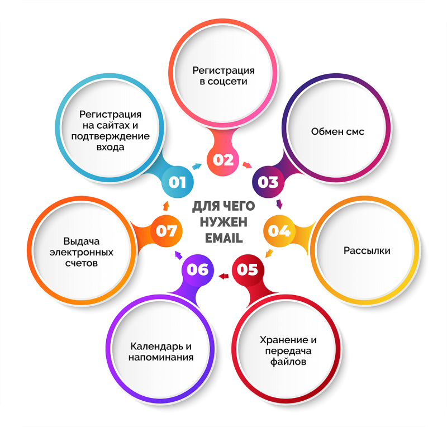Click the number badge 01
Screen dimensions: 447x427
click(177, 182)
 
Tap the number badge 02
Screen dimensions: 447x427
click(222, 160)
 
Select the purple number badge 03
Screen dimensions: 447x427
click(268, 182)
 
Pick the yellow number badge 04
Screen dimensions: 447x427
click(279, 231)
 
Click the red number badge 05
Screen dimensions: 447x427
click(248, 270)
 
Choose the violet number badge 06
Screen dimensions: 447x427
click(198, 270)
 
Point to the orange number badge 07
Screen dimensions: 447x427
click(167, 231)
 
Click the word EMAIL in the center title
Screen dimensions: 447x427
click(224, 239)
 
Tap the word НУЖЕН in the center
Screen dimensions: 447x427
click(224, 222)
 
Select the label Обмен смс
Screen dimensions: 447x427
click(337, 131)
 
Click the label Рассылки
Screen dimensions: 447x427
click(367, 250)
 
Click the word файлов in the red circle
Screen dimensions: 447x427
click(288, 362)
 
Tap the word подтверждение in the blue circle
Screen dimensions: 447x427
click(110, 136)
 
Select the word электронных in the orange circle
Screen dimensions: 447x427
click(82, 253)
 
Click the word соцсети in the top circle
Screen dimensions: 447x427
click(227, 82)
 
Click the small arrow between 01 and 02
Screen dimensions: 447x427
click(197, 167)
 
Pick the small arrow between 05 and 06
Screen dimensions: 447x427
click(223, 276)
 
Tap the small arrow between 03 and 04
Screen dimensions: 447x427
click(279, 204)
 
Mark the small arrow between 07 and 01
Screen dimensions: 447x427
click(166, 206)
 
